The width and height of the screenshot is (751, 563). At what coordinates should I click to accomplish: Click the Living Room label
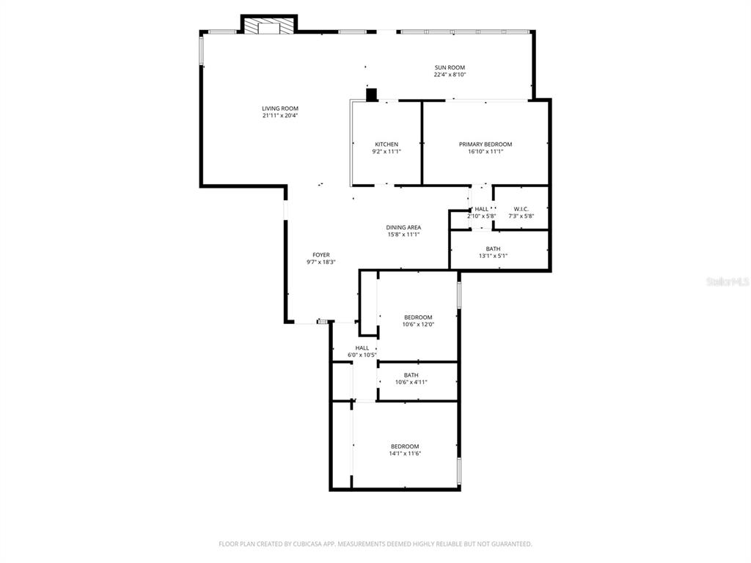(279, 108)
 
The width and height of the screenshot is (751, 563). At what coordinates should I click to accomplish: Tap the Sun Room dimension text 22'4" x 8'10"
(450, 75)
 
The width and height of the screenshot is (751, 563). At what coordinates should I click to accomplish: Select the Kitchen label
(387, 144)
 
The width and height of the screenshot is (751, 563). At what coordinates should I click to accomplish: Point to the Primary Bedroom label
(486, 144)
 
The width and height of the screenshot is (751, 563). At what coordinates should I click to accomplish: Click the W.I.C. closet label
(521, 209)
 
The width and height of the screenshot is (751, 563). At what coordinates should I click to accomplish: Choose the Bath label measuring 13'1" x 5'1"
(493, 249)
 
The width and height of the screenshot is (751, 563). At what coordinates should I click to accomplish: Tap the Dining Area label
(403, 228)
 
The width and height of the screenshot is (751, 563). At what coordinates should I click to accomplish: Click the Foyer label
(321, 255)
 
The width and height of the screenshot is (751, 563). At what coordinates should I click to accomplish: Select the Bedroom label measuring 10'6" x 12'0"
(418, 317)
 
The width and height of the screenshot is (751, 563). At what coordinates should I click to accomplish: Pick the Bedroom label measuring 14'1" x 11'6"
(405, 446)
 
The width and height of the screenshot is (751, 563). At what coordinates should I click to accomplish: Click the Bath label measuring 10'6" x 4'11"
(411, 375)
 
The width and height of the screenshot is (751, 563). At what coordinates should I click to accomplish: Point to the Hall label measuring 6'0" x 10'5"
(362, 348)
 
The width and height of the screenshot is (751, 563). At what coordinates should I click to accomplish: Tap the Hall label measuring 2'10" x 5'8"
(481, 210)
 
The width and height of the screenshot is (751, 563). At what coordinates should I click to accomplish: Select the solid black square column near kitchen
(371, 95)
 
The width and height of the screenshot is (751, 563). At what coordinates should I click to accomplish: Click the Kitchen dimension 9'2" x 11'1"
(387, 152)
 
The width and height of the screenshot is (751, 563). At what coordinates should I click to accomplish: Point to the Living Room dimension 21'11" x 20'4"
(279, 116)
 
